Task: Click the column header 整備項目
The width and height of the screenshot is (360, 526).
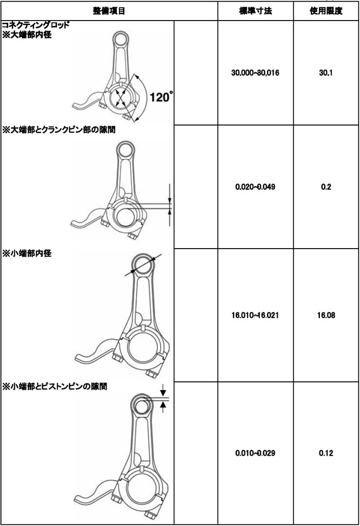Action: tap(109, 11)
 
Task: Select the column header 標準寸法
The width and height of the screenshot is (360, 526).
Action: tap(256, 11)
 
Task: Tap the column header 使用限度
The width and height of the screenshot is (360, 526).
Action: tap(326, 11)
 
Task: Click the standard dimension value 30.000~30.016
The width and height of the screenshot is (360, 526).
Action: tap(255, 73)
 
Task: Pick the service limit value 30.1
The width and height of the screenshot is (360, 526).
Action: tap(326, 73)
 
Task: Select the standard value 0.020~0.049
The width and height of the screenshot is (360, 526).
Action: tap(255, 187)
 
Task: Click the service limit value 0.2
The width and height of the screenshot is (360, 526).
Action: tap(326, 187)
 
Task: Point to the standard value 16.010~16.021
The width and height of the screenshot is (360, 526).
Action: tap(255, 315)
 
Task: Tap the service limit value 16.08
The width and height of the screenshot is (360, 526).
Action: tap(326, 315)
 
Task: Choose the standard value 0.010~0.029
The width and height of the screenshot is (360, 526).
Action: tap(255, 453)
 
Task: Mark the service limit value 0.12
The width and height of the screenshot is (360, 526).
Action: tap(326, 453)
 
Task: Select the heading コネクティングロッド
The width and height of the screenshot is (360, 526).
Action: tap(35, 25)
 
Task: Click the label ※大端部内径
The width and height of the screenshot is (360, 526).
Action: tap(27, 34)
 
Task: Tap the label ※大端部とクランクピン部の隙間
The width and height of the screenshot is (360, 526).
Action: tap(59, 130)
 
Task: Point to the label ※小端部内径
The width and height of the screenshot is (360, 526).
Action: tap(27, 254)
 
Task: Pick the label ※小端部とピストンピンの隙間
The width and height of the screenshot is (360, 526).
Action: tap(55, 387)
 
